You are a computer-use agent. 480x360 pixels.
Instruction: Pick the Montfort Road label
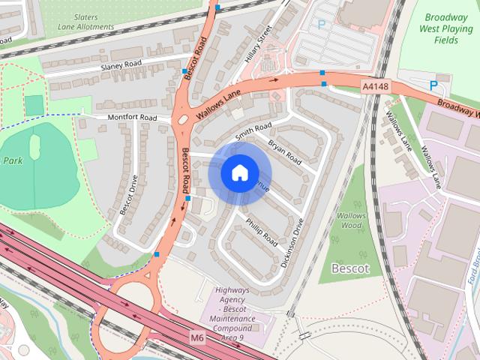point(132,118)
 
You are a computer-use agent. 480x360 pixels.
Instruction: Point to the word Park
point(13,160)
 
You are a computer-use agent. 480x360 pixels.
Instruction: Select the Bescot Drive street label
point(128,196)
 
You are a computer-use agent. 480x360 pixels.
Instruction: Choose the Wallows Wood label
point(350,219)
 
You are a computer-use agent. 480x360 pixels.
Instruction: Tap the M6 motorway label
point(197,338)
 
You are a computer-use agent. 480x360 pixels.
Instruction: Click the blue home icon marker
point(239,172)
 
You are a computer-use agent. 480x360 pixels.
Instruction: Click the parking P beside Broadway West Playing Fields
point(433,85)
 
